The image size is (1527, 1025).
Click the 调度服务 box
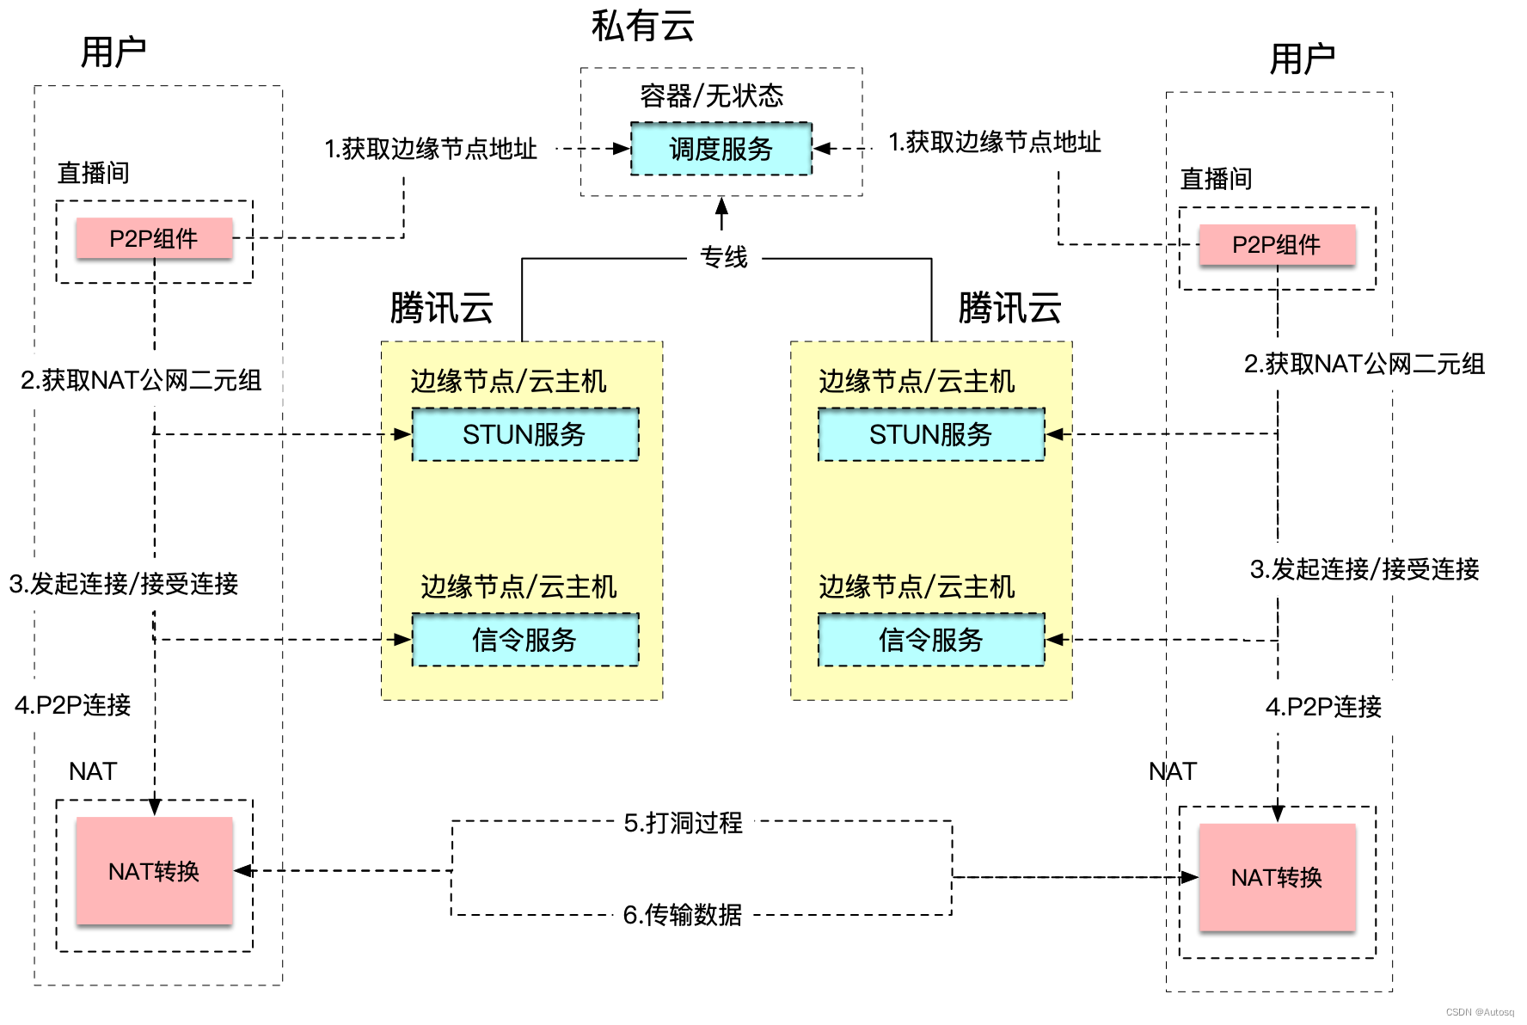click(721, 149)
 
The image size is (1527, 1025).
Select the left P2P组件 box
click(154, 238)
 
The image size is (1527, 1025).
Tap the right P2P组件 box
click(1277, 245)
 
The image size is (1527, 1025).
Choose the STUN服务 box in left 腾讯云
click(524, 434)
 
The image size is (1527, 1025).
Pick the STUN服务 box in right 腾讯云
click(930, 434)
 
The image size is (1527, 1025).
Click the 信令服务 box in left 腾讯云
click(524, 640)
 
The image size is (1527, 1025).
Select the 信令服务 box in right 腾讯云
click(930, 640)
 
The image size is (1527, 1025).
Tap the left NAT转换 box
click(154, 871)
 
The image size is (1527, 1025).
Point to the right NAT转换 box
click(1277, 877)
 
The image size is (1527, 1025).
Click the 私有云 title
click(642, 27)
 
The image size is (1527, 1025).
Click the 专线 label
click(724, 257)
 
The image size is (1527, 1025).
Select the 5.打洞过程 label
click(684, 823)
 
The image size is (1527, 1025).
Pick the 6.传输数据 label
click(683, 914)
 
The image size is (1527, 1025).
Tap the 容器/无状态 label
click(712, 95)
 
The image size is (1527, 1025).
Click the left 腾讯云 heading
click(441, 308)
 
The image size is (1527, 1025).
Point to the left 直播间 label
click(94, 173)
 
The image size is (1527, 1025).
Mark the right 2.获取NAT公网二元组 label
click(1364, 364)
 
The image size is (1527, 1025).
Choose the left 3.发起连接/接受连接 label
click(124, 584)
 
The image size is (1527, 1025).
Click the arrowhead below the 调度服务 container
click(721, 206)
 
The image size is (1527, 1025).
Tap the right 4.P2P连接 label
click(1323, 707)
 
